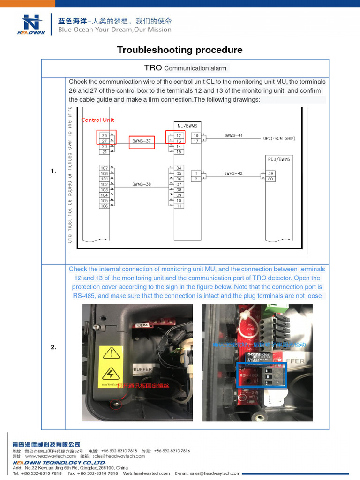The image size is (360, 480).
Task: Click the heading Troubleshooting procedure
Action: pos(180,50)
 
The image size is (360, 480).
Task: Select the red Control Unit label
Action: pos(98,120)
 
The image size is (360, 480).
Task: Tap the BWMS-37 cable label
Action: pos(142,140)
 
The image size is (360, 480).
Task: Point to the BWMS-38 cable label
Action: pos(141,184)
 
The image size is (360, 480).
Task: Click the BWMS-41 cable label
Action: pos(233,135)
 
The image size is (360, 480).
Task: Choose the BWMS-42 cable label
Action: pos(233,173)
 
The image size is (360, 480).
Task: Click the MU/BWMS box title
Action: pos(187,125)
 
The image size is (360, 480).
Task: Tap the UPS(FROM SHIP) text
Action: pos(279,138)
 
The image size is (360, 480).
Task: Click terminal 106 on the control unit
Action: pos(104,206)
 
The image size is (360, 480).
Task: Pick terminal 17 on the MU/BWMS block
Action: pos(196,141)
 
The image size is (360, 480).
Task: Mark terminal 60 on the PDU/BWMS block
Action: pos(271,179)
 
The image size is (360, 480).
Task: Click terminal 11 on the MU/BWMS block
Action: pos(179,206)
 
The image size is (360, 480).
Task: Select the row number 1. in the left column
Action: pos(53,172)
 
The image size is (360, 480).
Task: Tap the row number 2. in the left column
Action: pos(53,347)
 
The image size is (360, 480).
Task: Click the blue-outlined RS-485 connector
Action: pos(261,375)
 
